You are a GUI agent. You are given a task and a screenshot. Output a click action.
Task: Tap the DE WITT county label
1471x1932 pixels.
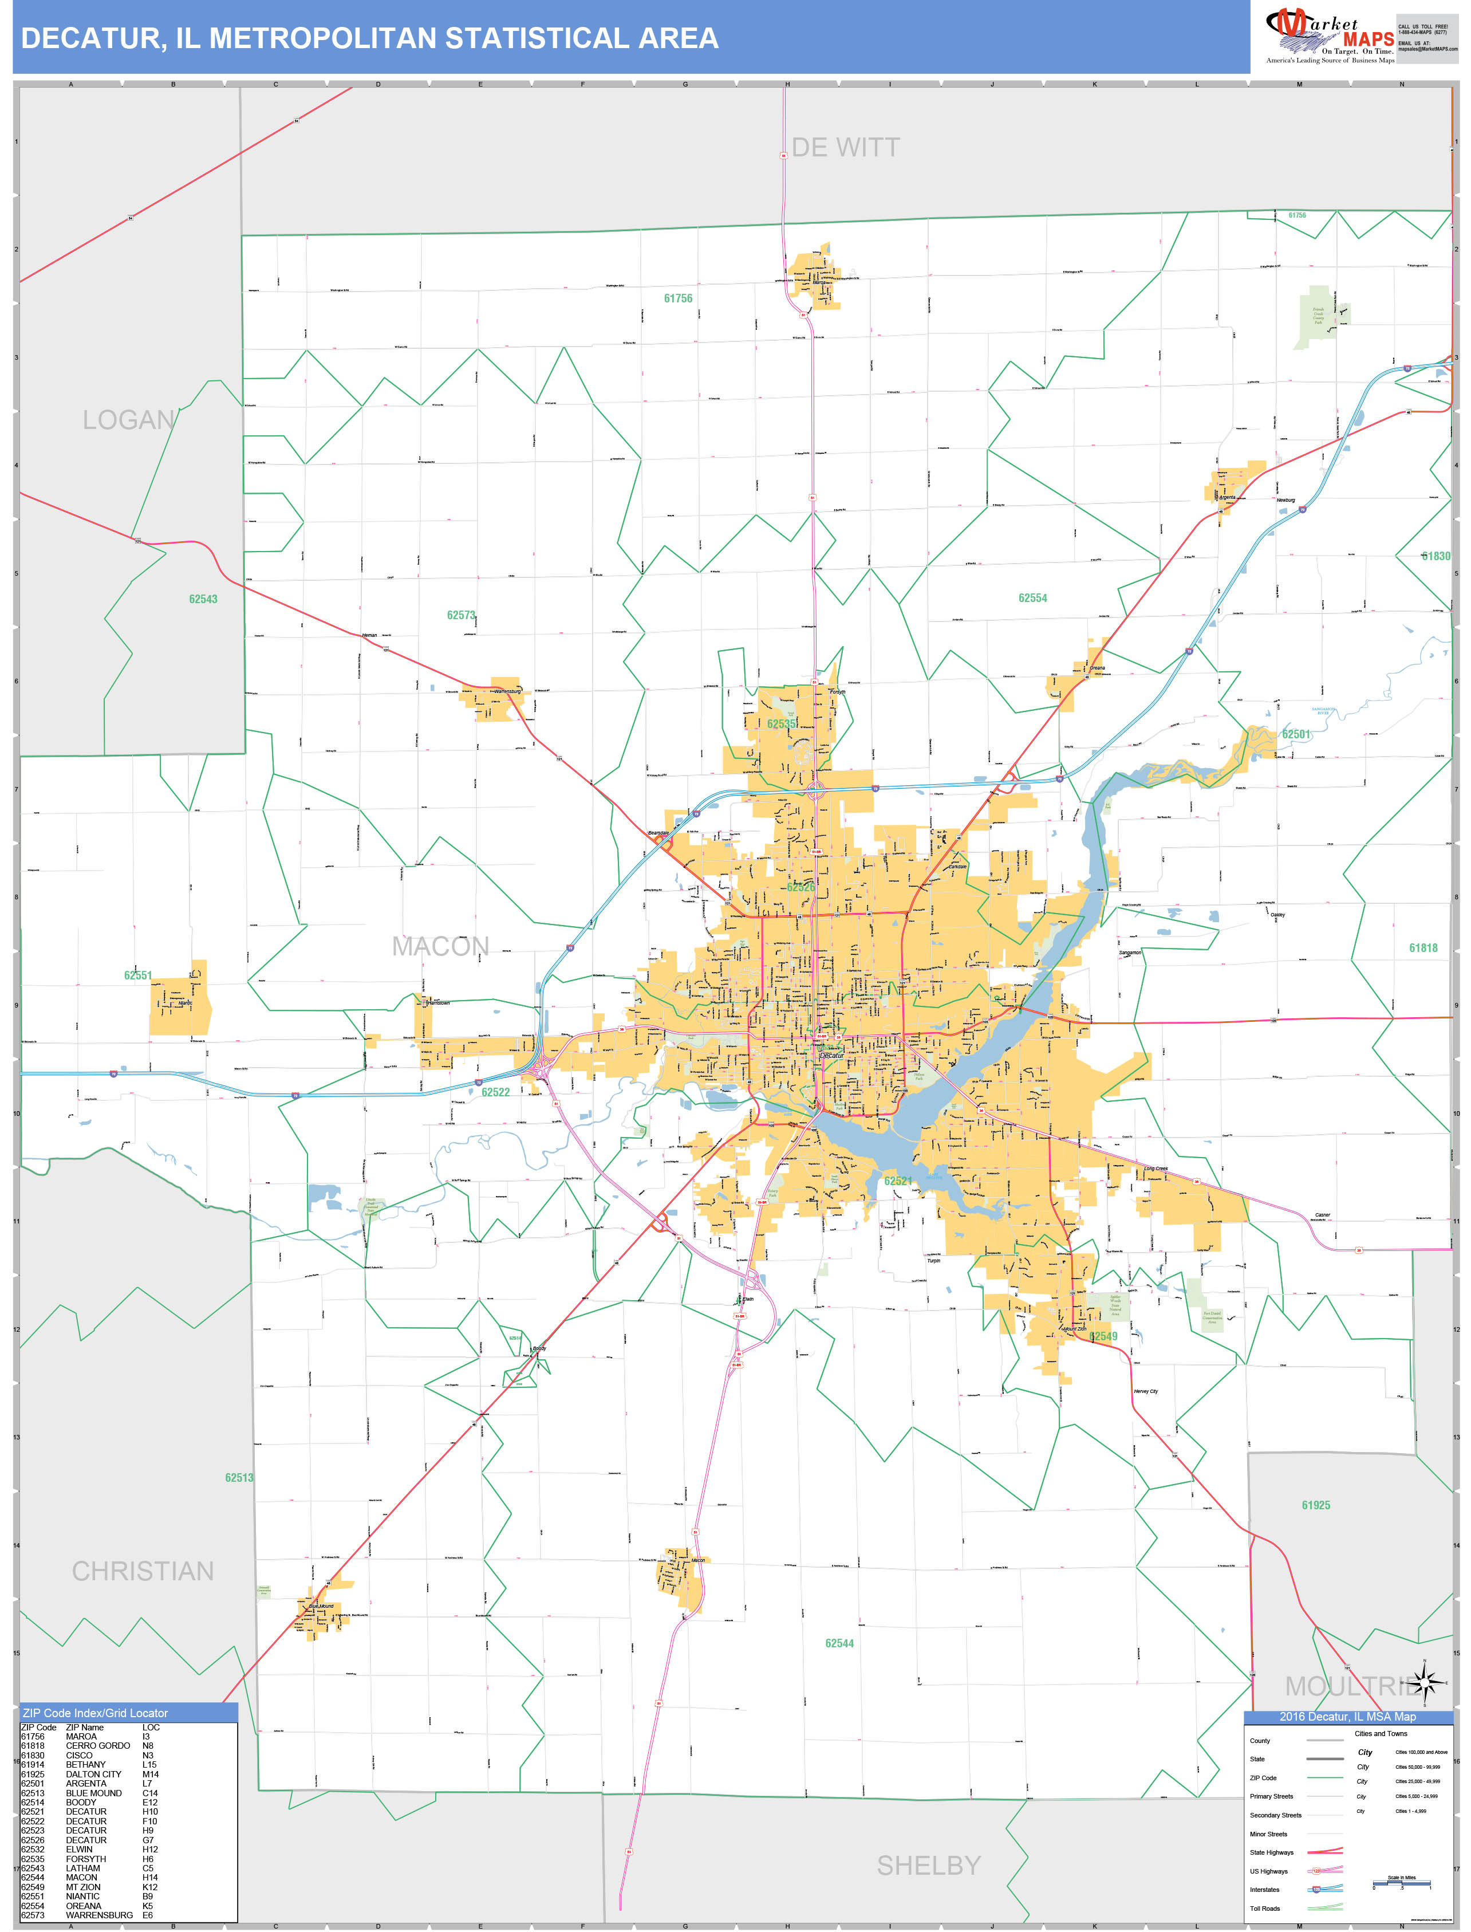click(845, 147)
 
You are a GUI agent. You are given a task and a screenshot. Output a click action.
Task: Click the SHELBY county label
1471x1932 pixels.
click(928, 1866)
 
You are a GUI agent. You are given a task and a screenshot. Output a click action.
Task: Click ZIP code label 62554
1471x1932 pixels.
click(1032, 598)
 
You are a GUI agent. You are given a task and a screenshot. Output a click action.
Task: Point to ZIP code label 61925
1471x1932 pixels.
click(1315, 1505)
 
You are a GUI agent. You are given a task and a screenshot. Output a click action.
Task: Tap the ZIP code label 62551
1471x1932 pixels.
click(137, 975)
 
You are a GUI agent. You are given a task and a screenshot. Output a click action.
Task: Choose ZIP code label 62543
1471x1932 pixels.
click(203, 599)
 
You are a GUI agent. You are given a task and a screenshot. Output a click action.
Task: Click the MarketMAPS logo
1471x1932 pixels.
click(1329, 35)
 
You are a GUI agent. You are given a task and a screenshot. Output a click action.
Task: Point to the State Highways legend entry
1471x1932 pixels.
click(1271, 1852)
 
